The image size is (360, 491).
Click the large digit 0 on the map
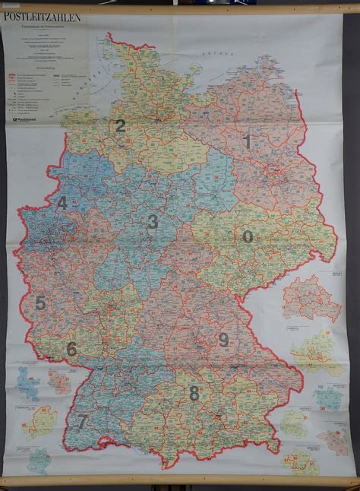[248, 236]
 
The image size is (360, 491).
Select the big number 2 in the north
[119, 127]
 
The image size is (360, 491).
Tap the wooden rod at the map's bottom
[180, 484]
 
